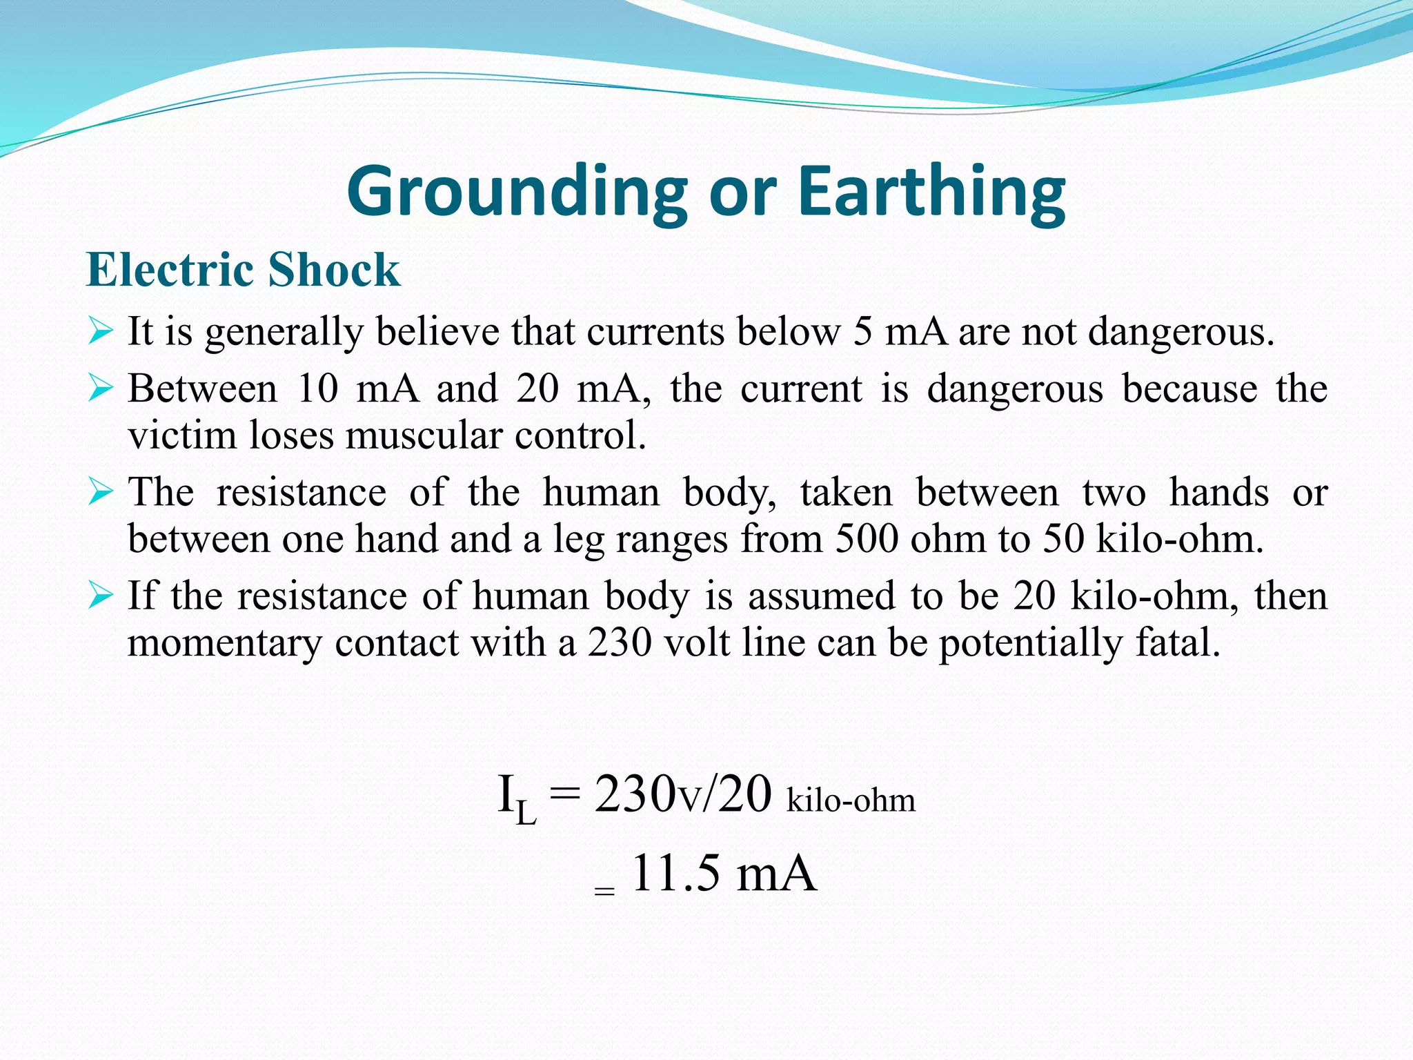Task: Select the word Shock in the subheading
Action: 334,269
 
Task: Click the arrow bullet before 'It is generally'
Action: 101,332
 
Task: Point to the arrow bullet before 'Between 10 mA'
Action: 101,389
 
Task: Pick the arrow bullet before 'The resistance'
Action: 101,493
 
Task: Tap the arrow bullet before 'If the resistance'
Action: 101,596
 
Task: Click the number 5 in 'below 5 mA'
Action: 862,332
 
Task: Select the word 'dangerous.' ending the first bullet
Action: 1181,332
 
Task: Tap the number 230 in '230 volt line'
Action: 620,642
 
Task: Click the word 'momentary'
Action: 225,644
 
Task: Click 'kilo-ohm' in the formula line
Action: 851,801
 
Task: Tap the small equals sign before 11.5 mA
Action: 604,891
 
